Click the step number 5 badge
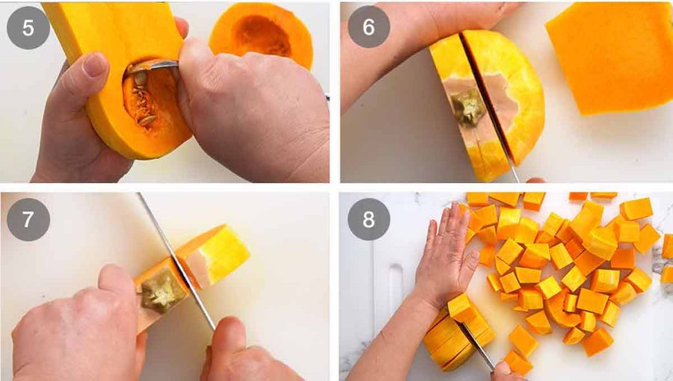(x=28, y=28)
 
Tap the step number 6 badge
(x=368, y=28)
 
